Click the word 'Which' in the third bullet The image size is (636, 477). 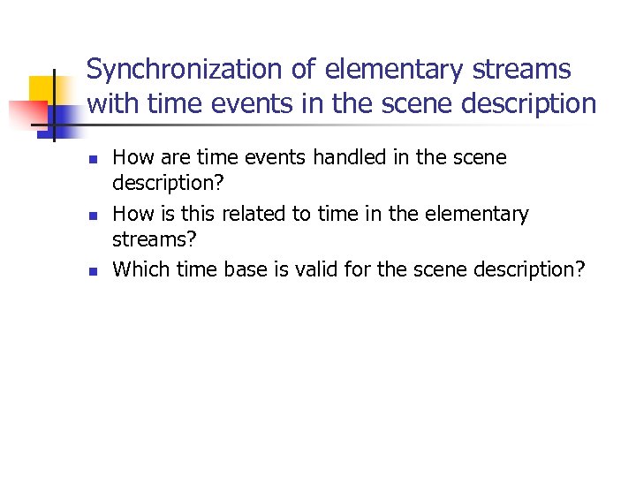coord(142,269)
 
